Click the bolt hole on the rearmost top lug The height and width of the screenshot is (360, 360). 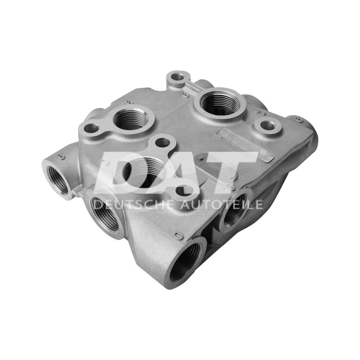(179, 77)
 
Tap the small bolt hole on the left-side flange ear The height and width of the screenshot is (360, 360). (91, 128)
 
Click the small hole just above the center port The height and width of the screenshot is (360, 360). (162, 143)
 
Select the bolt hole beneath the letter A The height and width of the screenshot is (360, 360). (182, 191)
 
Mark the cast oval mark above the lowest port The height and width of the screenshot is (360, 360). (177, 235)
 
